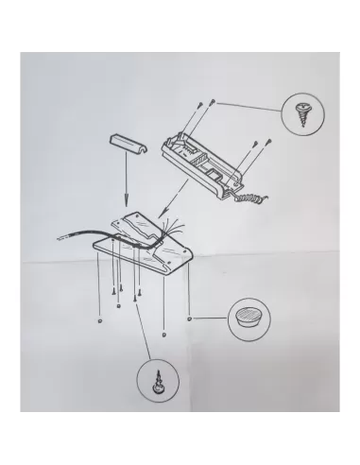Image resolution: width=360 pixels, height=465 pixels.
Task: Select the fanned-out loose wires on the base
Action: [x=173, y=228]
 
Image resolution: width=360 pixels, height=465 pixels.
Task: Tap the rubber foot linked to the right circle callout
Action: [x=191, y=319]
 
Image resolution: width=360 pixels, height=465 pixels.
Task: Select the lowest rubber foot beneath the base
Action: [x=166, y=333]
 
